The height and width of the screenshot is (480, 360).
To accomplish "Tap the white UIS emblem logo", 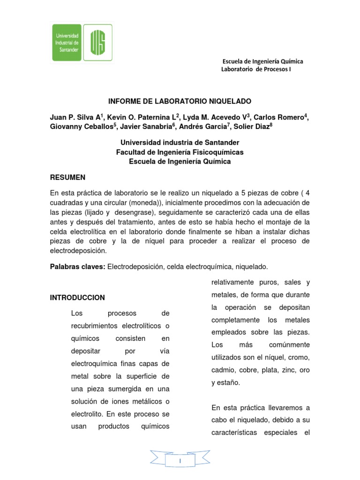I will [x=98, y=43].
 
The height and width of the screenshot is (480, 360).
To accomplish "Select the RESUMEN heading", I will [x=67, y=178].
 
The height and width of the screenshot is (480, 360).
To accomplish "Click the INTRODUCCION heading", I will [x=77, y=298].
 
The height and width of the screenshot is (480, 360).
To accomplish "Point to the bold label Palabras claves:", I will [x=78, y=266].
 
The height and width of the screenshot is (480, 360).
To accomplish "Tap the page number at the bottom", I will [x=180, y=462].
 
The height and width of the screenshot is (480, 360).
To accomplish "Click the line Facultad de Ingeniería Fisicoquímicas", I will [x=180, y=152].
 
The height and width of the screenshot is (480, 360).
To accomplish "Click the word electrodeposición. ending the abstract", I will [x=79, y=250].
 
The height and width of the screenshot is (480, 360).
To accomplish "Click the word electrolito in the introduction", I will [x=87, y=414].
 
